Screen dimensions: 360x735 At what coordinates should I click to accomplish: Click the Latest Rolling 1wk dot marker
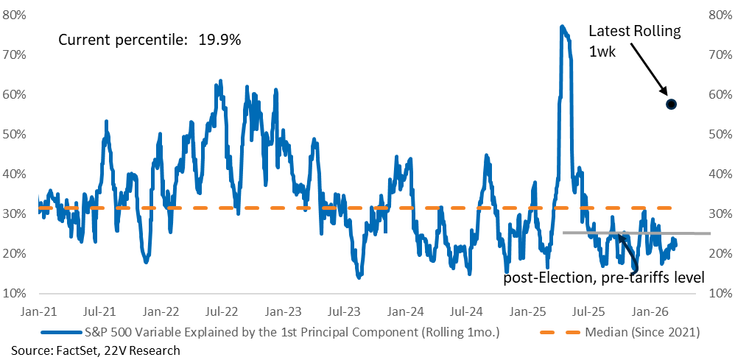(671, 104)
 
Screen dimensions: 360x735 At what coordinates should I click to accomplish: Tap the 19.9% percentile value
(219, 40)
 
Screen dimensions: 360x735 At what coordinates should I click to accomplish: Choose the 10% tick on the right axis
(720, 293)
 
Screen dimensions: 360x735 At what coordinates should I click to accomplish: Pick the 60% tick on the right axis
(720, 94)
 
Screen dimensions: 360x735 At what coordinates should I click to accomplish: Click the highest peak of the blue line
(562, 27)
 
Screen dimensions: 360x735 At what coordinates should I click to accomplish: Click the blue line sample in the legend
(63, 332)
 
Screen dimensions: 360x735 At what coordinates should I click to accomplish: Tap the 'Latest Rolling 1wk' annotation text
(635, 41)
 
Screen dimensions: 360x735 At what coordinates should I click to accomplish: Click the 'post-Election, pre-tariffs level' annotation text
(604, 278)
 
